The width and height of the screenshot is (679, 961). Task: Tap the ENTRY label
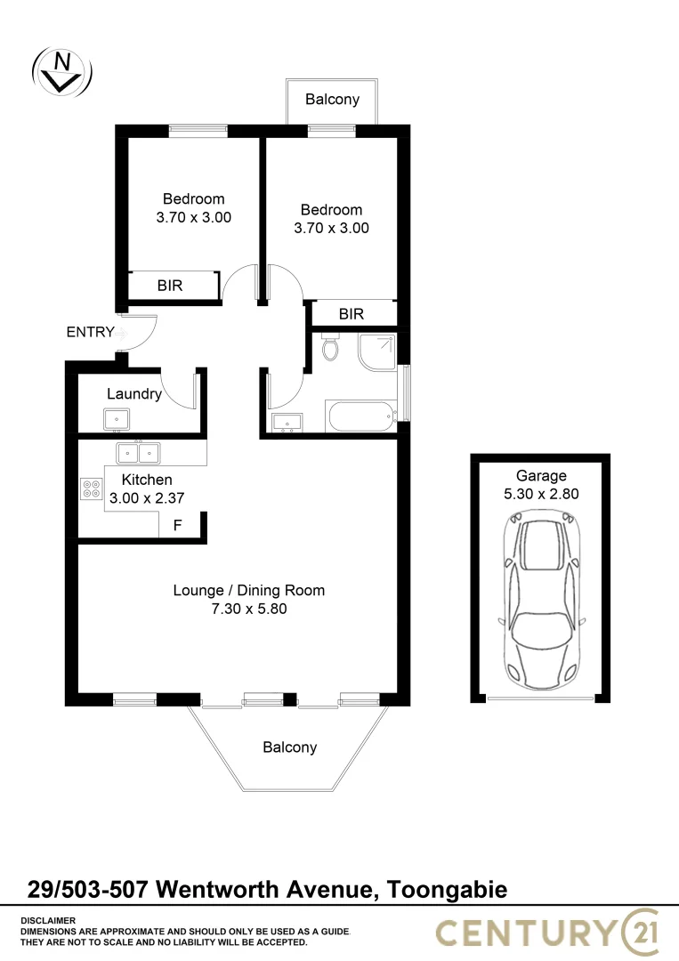click(x=90, y=333)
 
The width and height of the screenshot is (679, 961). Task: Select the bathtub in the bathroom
click(x=360, y=416)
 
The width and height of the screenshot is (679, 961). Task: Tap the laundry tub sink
click(x=116, y=419)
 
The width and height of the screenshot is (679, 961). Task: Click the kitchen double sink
click(x=138, y=453)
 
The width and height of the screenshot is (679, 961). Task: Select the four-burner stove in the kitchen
click(x=92, y=488)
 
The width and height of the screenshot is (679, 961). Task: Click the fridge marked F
click(x=177, y=526)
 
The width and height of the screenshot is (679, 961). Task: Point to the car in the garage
click(x=540, y=602)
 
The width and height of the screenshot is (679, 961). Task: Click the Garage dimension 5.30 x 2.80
click(x=541, y=493)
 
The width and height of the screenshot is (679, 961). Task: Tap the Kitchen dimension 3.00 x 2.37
click(x=147, y=499)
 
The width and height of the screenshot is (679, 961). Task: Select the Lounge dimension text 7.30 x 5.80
click(x=248, y=610)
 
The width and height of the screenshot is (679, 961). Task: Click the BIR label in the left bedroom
click(x=170, y=287)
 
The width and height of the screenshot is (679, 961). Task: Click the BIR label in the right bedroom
click(x=352, y=314)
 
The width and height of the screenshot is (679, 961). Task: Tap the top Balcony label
click(x=332, y=99)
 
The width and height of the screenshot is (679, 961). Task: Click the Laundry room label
click(x=134, y=394)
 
